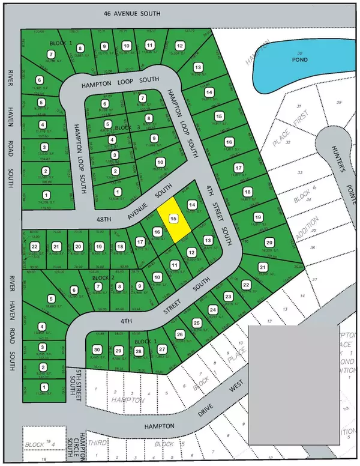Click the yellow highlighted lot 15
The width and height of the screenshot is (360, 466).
coord(173,220)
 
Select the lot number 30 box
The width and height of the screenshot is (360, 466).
coord(97,350)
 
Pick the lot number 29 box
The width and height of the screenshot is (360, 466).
coord(118,351)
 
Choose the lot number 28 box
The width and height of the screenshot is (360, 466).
coord(139,351)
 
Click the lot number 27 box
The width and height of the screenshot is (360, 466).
coord(161,348)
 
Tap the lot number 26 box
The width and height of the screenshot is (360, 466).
coord(179,334)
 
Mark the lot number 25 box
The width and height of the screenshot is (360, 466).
coord(196,323)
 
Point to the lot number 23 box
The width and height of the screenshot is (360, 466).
coord(228,297)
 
